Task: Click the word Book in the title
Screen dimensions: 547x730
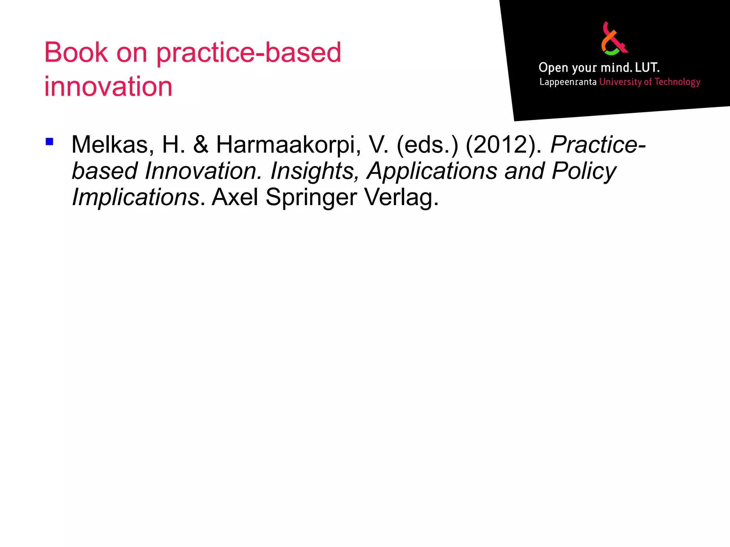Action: click(x=76, y=53)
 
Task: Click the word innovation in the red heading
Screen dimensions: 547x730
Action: click(x=108, y=87)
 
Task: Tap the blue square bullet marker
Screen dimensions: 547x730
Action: click(x=50, y=142)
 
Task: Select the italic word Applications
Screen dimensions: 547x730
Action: click(x=432, y=171)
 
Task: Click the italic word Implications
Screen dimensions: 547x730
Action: click(x=135, y=197)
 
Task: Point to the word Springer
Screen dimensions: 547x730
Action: click(x=311, y=197)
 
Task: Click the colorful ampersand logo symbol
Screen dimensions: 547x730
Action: click(x=614, y=38)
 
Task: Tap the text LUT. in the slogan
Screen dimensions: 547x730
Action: click(x=647, y=67)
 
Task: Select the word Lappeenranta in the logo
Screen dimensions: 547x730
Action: click(x=568, y=82)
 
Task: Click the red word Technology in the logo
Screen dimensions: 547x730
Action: click(x=677, y=82)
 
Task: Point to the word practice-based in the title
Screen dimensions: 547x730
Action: click(x=248, y=53)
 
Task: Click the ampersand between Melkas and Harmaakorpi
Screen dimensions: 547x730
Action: click(x=201, y=145)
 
